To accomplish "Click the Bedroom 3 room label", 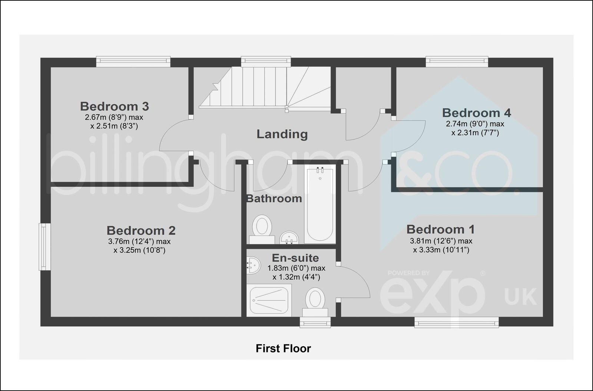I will coord(114,106).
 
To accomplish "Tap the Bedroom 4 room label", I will coord(476,113).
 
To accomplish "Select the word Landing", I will coord(282,134).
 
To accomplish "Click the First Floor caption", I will coord(283,348).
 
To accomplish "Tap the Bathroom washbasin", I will coord(289,238).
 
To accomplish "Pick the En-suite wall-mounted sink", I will coord(253,265).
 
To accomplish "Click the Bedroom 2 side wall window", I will coord(44,247).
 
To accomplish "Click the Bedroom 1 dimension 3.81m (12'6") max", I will coord(441,241).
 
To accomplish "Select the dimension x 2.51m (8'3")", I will coord(114,126).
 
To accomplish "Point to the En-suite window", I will coord(315,322).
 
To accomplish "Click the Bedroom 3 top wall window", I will coord(133,61).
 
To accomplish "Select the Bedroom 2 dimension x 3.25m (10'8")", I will coord(139,251).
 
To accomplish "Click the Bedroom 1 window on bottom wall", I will coord(456,322).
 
